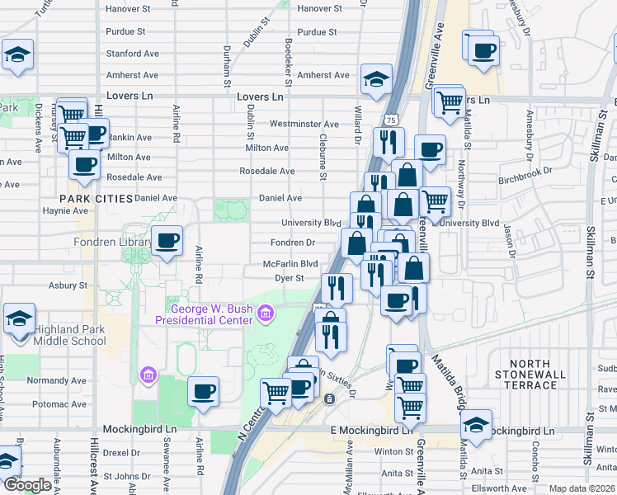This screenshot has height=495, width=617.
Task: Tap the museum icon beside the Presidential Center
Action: pos(266,313)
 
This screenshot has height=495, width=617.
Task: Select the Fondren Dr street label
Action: pos(294,243)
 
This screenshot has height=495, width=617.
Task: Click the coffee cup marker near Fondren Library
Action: pos(167,241)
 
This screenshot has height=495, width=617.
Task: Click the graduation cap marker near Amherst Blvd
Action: pos(376,79)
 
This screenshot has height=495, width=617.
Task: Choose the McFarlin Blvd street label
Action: pos(290,264)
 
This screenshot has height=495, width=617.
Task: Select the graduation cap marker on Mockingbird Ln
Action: pos(475,425)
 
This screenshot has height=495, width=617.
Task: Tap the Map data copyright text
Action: pos(582,488)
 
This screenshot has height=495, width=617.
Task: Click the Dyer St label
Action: pos(290,279)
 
